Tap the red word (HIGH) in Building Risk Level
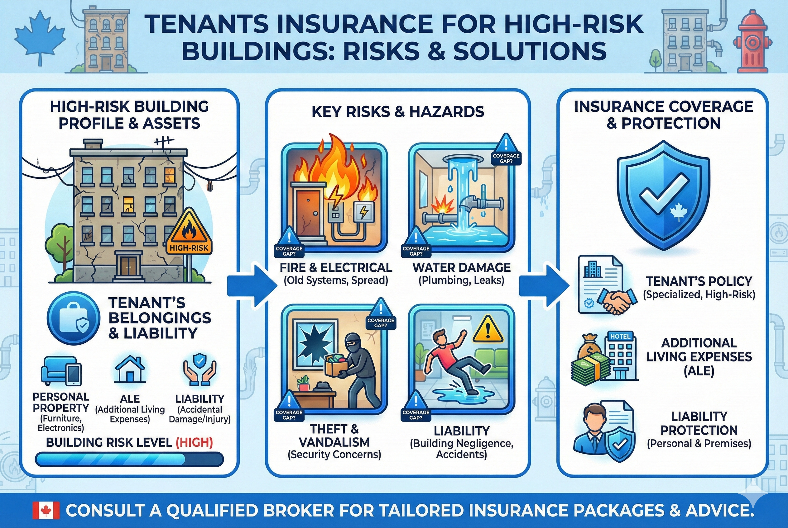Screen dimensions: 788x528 (194, 442)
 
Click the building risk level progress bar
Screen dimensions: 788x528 (129, 459)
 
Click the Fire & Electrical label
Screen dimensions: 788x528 (336, 268)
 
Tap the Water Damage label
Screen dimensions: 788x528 (461, 268)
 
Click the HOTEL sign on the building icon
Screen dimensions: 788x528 (620, 336)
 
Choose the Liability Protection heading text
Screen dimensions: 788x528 (699, 423)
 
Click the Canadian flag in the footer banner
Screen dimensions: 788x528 (46, 511)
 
